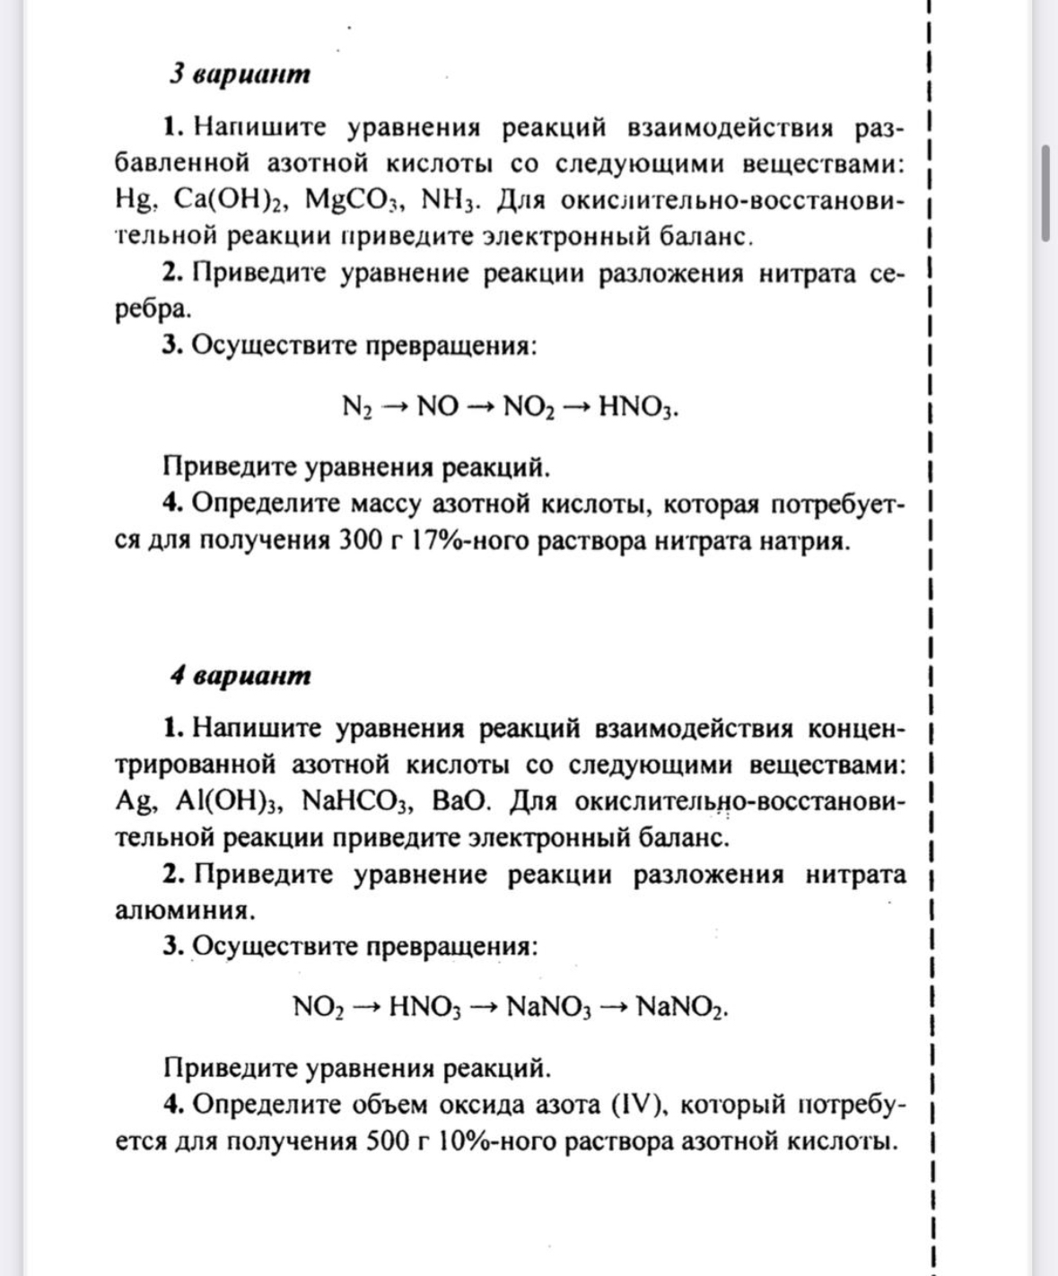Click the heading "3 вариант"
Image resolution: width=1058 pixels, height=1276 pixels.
point(240,74)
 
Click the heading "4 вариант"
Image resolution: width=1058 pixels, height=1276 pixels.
point(240,675)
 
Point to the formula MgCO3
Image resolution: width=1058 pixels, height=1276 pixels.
point(352,200)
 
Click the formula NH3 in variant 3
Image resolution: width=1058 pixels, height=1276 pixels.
point(450,200)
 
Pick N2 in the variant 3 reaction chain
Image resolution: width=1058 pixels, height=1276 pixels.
point(356,408)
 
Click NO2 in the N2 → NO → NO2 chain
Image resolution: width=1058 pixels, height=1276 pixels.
point(529,408)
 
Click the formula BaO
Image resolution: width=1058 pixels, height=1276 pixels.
point(461,801)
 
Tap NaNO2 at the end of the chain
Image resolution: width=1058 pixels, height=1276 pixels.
point(680,1008)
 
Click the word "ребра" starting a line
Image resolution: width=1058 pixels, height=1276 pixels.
point(152,310)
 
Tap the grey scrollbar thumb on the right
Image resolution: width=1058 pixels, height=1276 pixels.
point(1045,192)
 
